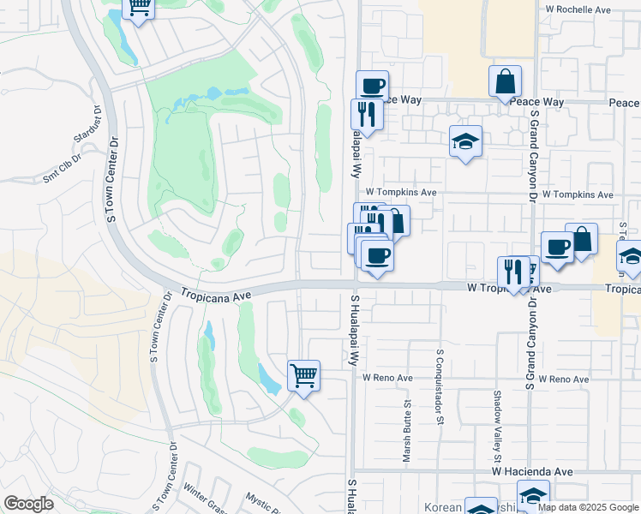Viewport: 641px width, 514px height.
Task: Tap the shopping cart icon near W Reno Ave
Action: click(x=303, y=375)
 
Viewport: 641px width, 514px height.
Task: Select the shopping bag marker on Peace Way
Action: click(x=506, y=82)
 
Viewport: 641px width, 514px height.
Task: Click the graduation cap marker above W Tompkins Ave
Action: click(x=465, y=141)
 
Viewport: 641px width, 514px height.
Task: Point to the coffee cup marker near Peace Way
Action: click(x=372, y=86)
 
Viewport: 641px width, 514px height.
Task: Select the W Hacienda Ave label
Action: click(x=532, y=471)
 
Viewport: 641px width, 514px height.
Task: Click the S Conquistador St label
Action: click(x=440, y=385)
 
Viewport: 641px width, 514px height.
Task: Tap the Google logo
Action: click(x=28, y=504)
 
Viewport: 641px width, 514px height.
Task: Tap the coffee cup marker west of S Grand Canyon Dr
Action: click(x=557, y=248)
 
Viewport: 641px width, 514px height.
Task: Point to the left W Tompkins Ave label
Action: click(x=400, y=193)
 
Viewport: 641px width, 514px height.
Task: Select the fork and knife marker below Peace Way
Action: click(x=367, y=114)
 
